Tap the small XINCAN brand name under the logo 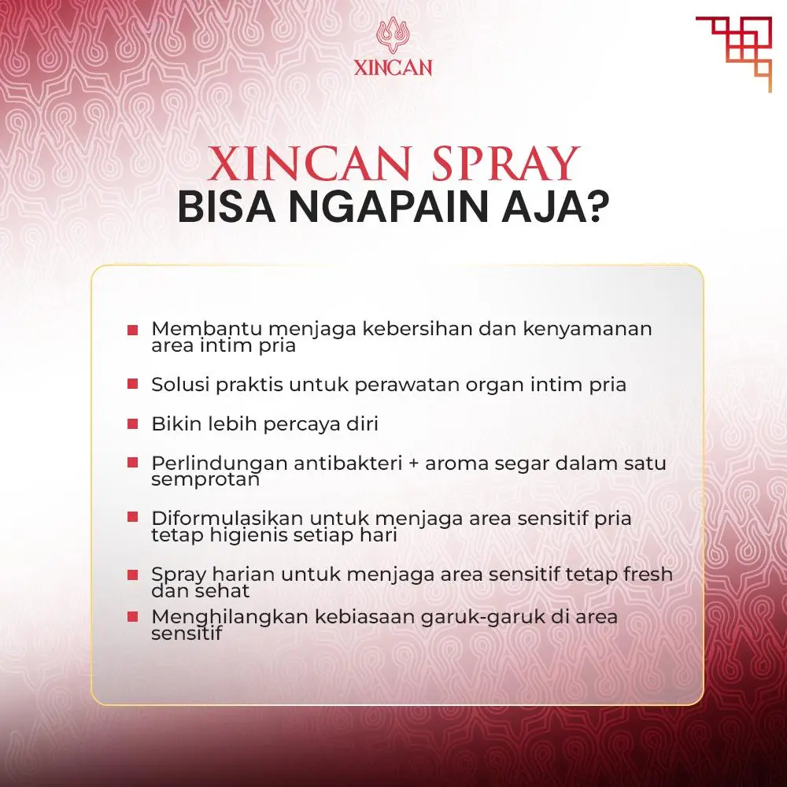point(393,68)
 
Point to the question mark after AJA point(598,206)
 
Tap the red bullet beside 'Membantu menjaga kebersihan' point(132,330)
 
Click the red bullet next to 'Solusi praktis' point(132,384)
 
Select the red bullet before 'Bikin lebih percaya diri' point(132,423)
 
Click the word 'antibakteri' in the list point(348,463)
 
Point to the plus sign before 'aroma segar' point(414,464)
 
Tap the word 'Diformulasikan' point(227,518)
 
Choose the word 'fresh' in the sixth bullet point(648,574)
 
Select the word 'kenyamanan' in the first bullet point(588,329)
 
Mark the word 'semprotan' point(205,480)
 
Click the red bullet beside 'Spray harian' point(132,575)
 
